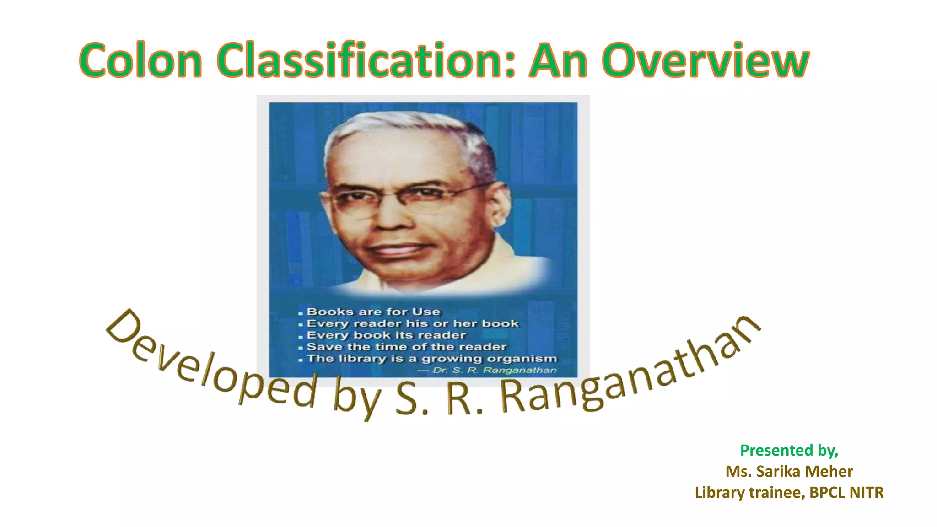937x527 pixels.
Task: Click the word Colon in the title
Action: click(141, 60)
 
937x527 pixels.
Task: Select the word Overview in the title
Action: click(705, 60)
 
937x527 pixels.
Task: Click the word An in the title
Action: click(558, 60)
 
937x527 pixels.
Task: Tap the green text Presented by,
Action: click(789, 451)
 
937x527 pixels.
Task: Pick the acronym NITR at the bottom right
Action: click(867, 492)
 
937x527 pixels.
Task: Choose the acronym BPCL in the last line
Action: click(827, 492)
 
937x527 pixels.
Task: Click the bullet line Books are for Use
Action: click(373, 312)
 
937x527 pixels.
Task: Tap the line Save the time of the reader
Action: click(406, 347)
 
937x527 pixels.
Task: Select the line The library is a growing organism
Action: click(431, 358)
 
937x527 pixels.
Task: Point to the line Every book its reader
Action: click(386, 335)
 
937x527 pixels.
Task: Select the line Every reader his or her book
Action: click(412, 323)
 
